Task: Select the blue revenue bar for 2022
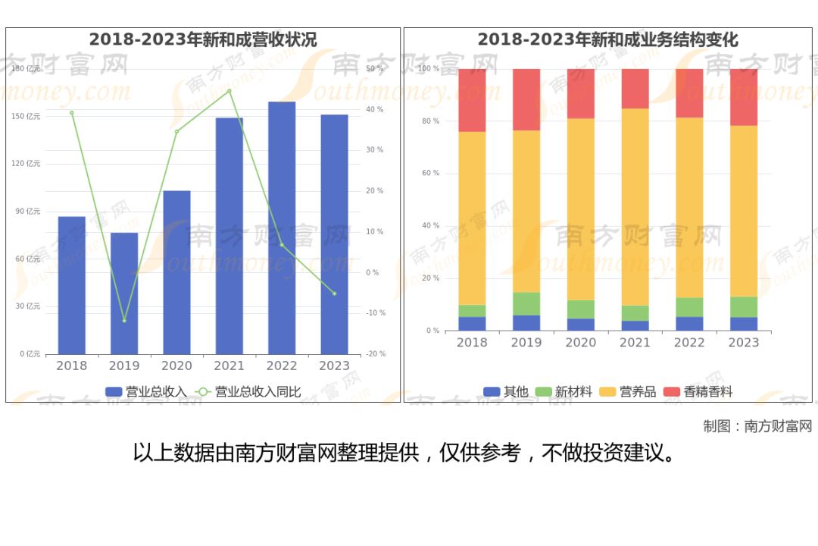[282, 227]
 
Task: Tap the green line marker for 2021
[229, 91]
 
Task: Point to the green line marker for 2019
[124, 321]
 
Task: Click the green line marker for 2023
[334, 293]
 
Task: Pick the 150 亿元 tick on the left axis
[28, 116]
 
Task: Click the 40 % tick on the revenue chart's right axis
[375, 109]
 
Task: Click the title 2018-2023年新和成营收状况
[203, 39]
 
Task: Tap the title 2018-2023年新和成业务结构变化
[607, 39]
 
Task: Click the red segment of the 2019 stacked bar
[526, 99]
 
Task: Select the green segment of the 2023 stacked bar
[744, 306]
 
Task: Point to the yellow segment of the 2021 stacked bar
[635, 207]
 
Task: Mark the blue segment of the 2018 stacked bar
[472, 324]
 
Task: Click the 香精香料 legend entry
[698, 392]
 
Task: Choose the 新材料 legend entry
[564, 392]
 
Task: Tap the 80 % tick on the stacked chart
[429, 121]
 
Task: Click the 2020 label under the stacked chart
[581, 343]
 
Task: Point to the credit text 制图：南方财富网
[757, 426]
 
